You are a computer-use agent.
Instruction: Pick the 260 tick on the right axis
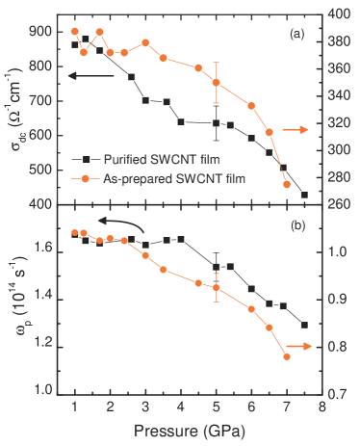(340, 204)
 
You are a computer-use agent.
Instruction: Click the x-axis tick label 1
(74, 407)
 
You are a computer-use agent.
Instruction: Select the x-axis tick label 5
(216, 407)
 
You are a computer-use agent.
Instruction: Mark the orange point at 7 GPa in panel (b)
(287, 357)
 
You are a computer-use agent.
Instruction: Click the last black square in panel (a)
(304, 195)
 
